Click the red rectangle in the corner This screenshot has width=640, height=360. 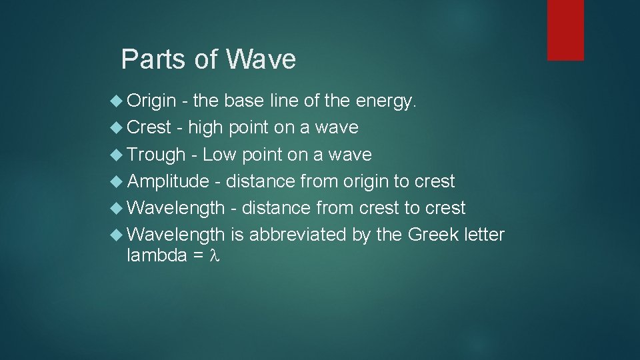565,30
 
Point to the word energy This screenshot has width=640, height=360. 386,101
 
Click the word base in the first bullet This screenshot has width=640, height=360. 244,101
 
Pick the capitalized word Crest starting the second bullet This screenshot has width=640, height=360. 149,127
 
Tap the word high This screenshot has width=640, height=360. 206,127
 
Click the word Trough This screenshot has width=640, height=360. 156,155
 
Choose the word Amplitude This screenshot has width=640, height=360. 168,181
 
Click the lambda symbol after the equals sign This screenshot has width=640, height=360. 214,256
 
